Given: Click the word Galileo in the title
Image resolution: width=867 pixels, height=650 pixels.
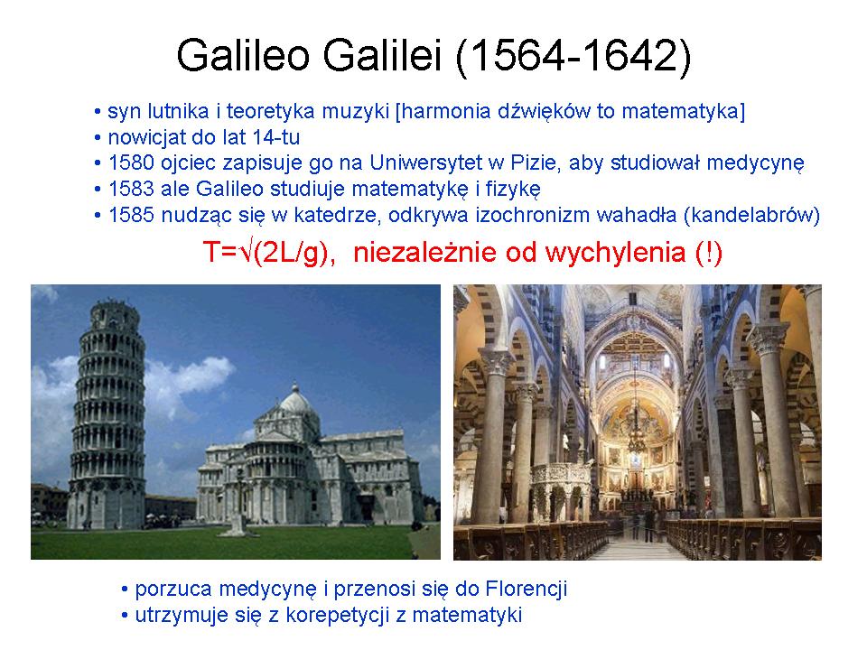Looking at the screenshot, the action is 243,55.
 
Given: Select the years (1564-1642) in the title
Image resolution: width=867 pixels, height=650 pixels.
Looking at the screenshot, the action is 573,56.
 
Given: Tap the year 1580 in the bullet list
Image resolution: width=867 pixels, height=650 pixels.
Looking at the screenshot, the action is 131,163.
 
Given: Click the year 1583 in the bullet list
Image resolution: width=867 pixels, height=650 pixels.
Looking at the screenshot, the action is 131,189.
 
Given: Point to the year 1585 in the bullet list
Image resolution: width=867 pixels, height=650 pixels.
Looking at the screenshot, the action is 131,215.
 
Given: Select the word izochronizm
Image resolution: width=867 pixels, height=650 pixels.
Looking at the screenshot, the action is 527,215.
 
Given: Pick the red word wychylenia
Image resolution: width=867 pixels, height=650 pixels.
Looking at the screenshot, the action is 615,254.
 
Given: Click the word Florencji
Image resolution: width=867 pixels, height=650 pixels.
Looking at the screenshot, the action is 527,590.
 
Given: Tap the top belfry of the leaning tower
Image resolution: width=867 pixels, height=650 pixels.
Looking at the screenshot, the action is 115,314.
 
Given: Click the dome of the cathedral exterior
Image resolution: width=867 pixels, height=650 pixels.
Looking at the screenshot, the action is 296,399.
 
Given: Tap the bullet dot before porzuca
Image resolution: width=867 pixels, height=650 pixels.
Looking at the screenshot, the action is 125,590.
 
